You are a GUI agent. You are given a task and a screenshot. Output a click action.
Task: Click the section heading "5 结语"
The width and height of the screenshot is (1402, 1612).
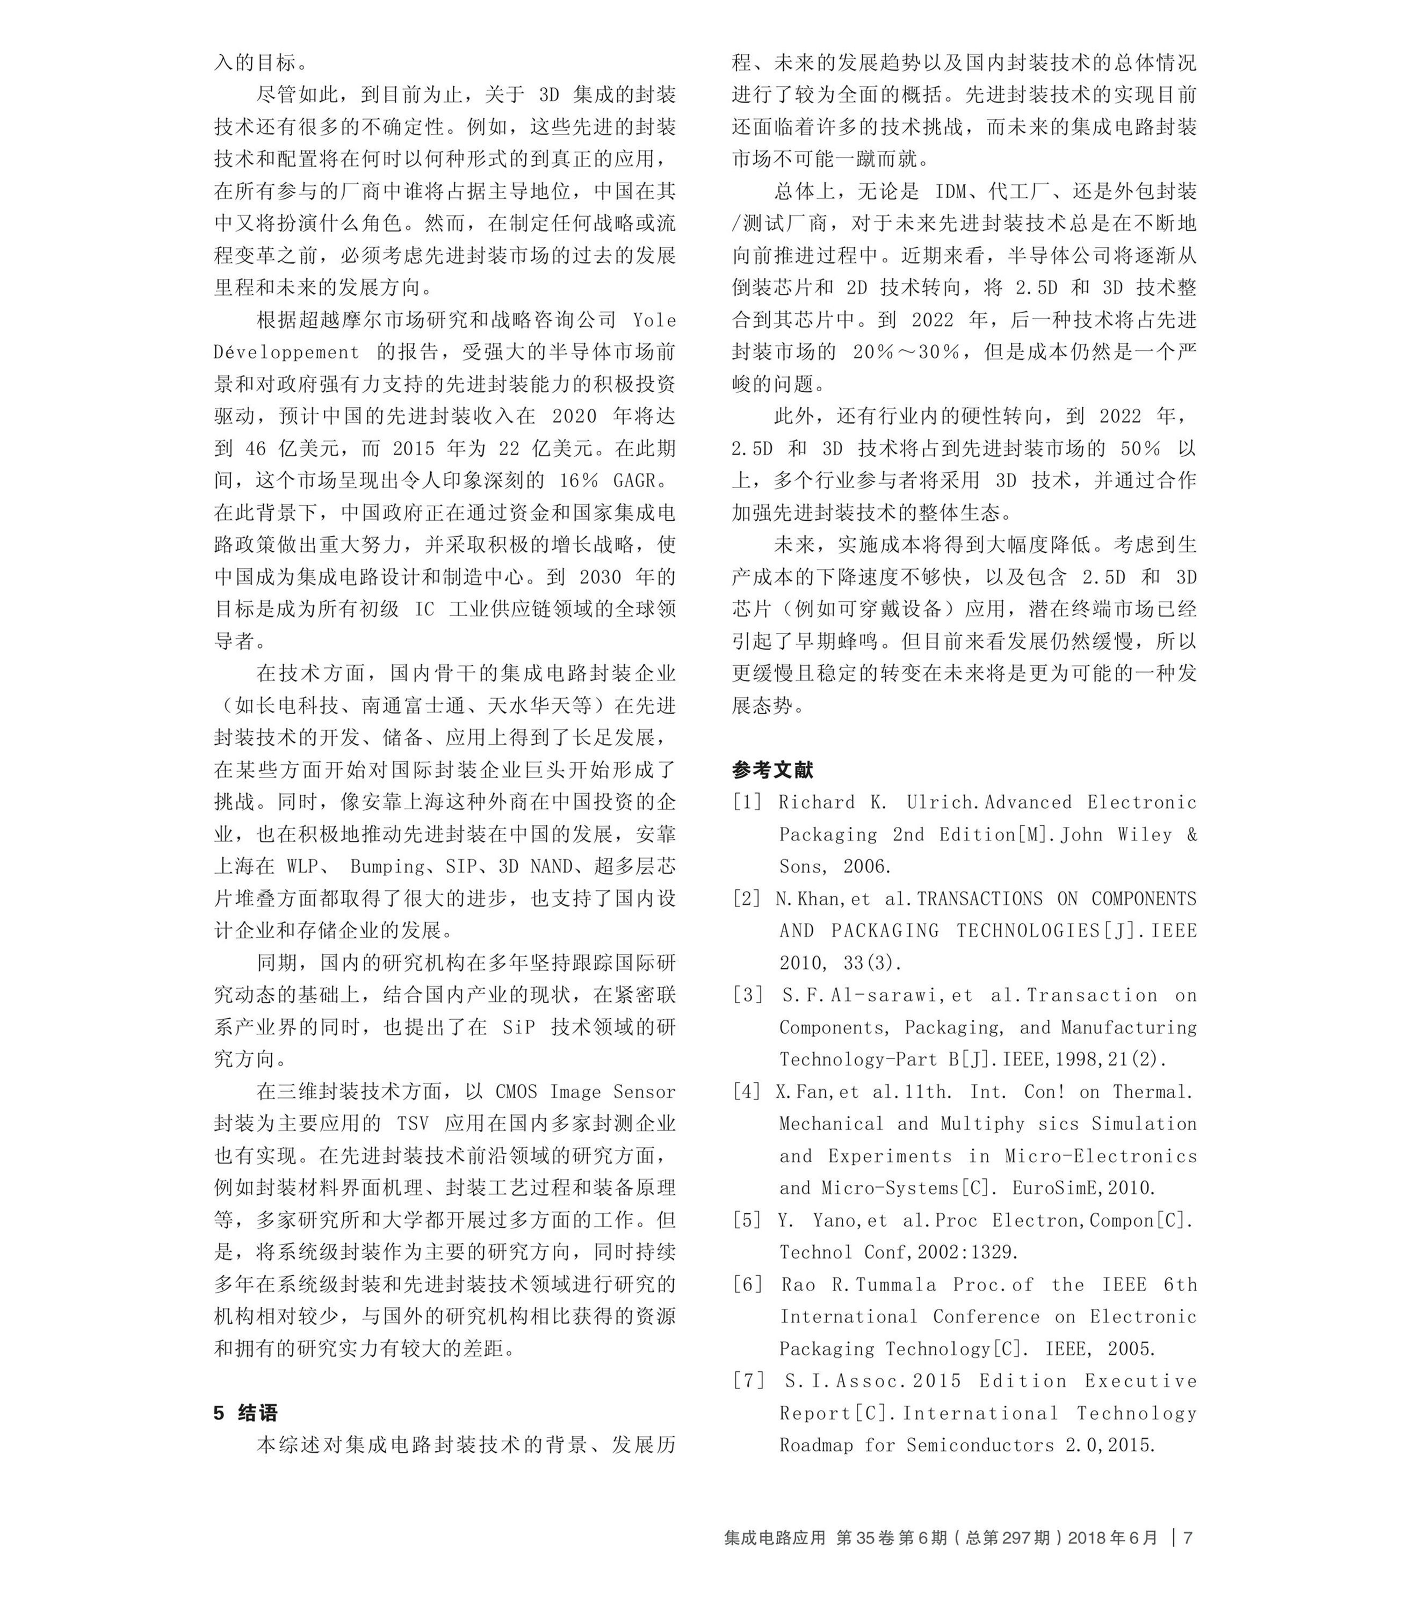click(245, 1413)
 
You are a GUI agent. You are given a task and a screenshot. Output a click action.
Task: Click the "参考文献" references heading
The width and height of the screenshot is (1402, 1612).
click(772, 770)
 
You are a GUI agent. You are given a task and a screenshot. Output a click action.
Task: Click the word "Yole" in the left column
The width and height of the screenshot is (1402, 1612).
click(654, 320)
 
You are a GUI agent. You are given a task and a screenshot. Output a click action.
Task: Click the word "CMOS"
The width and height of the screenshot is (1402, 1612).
click(516, 1092)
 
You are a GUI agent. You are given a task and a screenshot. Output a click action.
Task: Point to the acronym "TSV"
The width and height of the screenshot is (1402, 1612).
click(413, 1124)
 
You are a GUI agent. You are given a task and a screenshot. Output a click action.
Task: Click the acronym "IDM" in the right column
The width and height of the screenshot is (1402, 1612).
click(951, 192)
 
